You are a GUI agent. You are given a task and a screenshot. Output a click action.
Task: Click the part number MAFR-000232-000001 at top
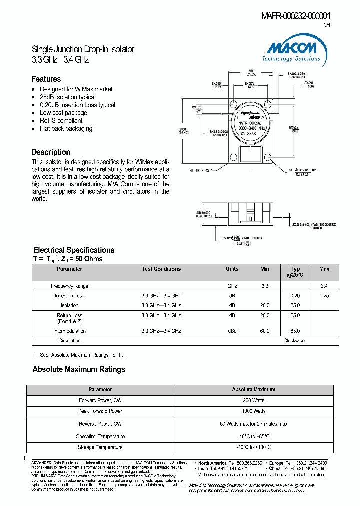[296, 16]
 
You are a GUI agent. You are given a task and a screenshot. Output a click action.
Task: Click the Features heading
[46, 79]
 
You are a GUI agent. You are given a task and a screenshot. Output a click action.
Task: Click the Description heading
[51, 152]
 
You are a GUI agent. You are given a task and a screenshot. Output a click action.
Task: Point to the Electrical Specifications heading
[74, 250]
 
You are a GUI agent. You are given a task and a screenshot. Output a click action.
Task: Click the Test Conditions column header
[161, 269]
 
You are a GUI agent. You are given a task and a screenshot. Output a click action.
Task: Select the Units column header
[232, 269]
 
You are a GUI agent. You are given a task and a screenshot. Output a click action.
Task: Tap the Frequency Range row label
[70, 286]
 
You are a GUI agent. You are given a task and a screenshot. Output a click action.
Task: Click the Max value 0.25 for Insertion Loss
[324, 296]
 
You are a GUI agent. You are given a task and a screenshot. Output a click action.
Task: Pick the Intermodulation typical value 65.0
[295, 331]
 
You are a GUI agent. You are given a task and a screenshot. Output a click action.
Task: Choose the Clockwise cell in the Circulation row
[294, 341]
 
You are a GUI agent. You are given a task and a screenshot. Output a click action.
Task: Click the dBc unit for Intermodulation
[232, 331]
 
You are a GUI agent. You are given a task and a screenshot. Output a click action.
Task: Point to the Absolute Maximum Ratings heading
[79, 370]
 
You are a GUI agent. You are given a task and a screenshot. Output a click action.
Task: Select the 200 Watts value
[253, 401]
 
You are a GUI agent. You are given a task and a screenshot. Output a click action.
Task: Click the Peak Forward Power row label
[100, 411]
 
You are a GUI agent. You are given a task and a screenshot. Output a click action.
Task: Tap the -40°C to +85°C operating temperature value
[253, 436]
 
